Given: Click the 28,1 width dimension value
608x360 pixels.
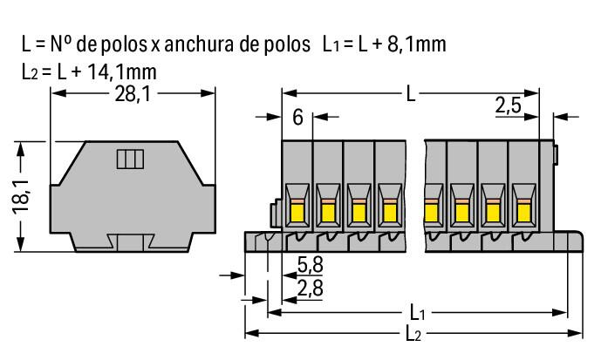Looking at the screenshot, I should pyautogui.click(x=131, y=95).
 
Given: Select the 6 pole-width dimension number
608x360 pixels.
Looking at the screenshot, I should pyautogui.click(x=298, y=117).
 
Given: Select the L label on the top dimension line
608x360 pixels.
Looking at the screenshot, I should pyautogui.click(x=411, y=92).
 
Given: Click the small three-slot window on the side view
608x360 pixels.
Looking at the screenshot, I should pyautogui.click(x=130, y=160).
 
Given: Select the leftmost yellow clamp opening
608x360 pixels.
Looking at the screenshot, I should pyautogui.click(x=296, y=210).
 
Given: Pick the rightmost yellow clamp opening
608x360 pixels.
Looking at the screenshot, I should pyautogui.click(x=523, y=210).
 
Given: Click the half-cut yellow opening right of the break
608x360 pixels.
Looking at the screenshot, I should pyautogui.click(x=429, y=210).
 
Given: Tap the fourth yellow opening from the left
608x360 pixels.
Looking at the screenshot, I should pyautogui.click(x=387, y=210).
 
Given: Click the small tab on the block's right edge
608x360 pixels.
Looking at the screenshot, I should pyautogui.click(x=556, y=154).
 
